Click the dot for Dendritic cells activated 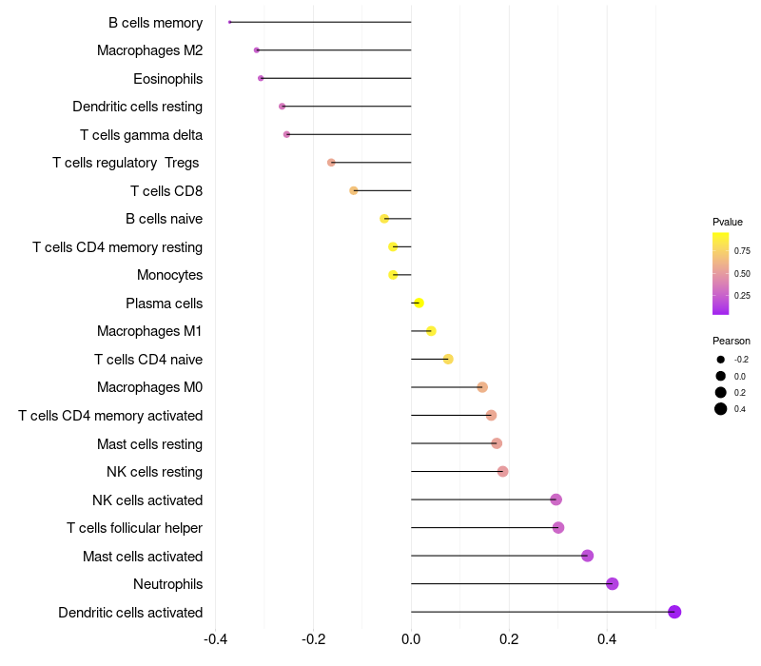tap(674, 612)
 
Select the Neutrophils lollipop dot tap(613, 583)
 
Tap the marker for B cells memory tap(230, 22)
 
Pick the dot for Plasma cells tap(419, 304)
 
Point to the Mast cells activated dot tap(588, 556)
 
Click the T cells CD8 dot tap(354, 190)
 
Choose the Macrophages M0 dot tap(482, 387)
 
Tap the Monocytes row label tap(169, 275)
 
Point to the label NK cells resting tap(154, 472)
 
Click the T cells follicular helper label tap(134, 528)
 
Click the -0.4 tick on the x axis tap(217, 638)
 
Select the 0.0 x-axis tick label tap(411, 638)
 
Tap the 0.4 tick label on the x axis tap(607, 638)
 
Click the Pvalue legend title tap(728, 222)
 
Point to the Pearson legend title tap(732, 341)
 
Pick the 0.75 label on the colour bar tap(742, 251)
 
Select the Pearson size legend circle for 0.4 tap(721, 409)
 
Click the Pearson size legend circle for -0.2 tap(721, 360)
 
